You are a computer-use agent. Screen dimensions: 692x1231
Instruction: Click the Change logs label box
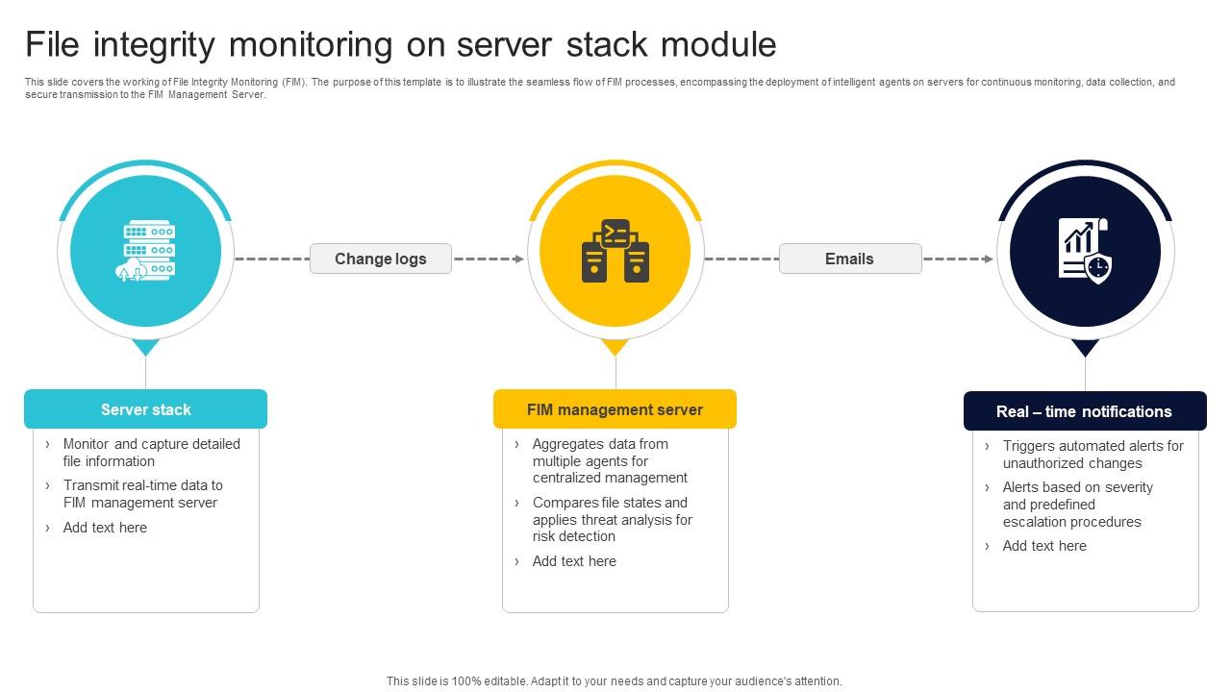point(380,259)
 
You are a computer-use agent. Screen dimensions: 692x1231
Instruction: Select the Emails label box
point(849,259)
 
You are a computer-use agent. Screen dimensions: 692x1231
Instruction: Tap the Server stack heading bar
point(145,409)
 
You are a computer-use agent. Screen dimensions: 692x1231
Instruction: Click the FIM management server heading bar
point(615,409)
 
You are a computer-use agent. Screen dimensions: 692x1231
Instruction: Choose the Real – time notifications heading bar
point(1084,411)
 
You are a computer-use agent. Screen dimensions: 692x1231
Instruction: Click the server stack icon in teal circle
point(146,251)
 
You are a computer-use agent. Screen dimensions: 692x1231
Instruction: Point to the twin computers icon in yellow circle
point(615,251)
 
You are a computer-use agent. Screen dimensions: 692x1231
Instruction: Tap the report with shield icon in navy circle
point(1085,251)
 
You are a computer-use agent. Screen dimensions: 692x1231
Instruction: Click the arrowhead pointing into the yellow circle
point(519,259)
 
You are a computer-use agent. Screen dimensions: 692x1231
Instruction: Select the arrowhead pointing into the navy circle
point(989,259)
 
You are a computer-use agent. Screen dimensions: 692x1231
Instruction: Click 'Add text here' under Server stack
point(105,528)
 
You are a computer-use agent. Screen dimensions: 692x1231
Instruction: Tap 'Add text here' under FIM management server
point(574,561)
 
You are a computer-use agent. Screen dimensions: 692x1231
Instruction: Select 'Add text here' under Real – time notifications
point(1044,546)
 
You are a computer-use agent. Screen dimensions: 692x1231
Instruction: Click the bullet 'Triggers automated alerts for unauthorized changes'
point(1093,455)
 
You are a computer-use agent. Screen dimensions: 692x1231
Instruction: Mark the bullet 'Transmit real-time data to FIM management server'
point(142,494)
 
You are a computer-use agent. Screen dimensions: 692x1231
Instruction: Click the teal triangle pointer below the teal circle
point(146,347)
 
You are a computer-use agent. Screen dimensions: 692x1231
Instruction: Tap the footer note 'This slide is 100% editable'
point(614,680)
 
